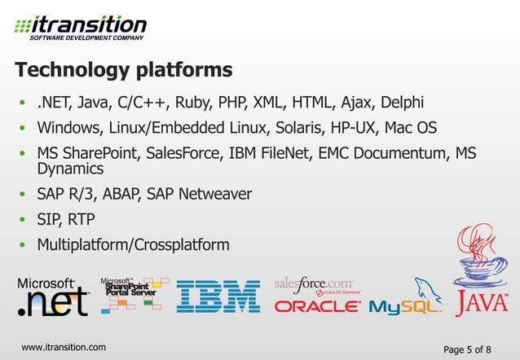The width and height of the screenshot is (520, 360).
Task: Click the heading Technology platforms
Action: click(124, 68)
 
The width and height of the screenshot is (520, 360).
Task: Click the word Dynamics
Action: click(70, 169)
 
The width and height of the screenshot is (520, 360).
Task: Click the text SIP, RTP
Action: click(66, 219)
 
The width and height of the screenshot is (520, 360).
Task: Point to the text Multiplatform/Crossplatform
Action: click(133, 244)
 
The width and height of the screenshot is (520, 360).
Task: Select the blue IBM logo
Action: click(218, 297)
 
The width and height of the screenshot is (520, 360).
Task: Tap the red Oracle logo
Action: click(317, 307)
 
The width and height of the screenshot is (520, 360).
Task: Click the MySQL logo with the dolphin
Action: click(406, 299)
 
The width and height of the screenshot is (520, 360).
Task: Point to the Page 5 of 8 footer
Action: click(467, 349)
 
